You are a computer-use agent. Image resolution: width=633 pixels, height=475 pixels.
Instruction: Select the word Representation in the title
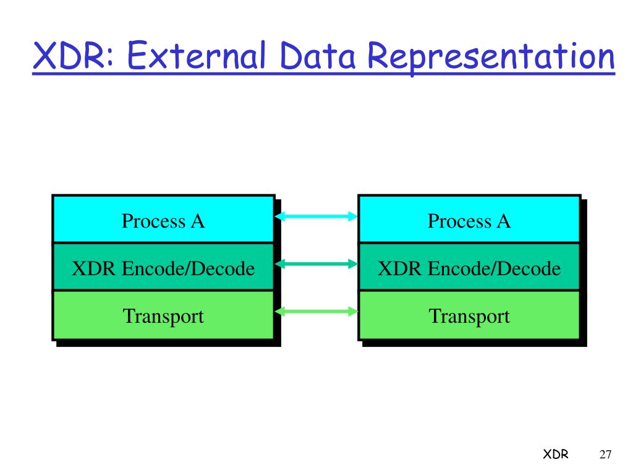491,57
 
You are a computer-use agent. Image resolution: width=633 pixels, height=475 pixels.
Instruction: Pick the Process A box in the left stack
163,220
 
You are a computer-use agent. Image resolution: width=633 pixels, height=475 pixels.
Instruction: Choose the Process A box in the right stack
469,220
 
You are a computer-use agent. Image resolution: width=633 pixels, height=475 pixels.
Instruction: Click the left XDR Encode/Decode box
163,268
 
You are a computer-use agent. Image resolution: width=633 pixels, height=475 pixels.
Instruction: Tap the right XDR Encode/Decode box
469,268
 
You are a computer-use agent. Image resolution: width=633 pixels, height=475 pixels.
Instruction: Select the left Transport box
163,315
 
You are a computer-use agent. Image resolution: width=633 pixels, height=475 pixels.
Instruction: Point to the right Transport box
469,315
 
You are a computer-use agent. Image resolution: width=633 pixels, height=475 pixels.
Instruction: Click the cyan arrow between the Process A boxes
316,216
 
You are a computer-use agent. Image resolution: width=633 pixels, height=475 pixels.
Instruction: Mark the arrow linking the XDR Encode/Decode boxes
316,264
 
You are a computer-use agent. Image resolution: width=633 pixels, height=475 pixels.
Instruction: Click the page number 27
605,455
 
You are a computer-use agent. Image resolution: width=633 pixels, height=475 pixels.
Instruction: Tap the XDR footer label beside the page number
556,455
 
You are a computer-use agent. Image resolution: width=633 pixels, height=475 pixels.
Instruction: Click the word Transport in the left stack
163,316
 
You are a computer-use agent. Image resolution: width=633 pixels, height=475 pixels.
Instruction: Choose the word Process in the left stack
146,221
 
